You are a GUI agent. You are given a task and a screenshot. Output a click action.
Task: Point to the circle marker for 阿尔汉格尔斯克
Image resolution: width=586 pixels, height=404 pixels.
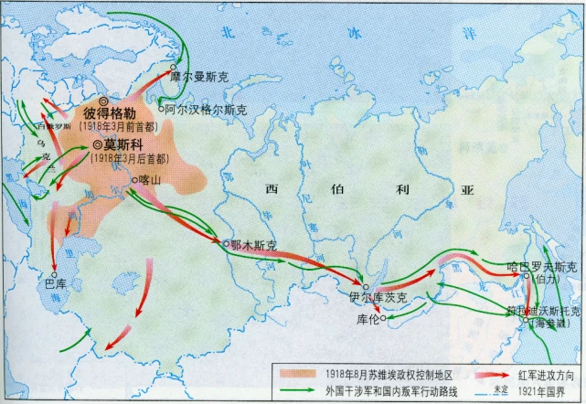[x=161, y=109]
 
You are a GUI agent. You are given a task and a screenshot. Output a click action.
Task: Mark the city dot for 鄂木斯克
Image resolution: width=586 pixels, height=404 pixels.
[x=226, y=242]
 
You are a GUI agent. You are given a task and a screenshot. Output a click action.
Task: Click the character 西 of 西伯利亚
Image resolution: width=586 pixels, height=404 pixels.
[x=272, y=189]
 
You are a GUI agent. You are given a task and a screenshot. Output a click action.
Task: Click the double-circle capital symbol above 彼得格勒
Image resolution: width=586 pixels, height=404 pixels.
[x=103, y=101]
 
